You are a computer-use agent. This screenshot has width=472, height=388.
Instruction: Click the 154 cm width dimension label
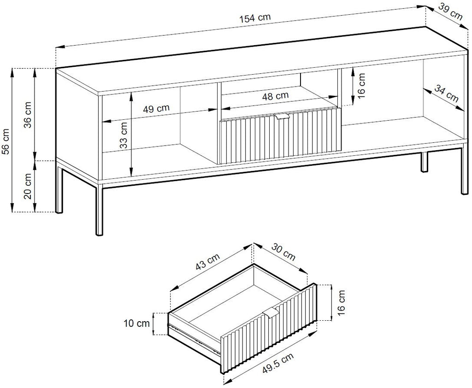255,18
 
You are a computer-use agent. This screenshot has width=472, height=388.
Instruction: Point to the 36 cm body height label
28,115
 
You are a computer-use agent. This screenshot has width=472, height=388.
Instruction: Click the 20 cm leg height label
28,186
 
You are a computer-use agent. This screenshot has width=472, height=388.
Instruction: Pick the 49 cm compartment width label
156,108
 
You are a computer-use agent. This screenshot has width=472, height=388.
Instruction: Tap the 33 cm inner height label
124,135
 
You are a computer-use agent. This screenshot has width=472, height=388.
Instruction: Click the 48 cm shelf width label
275,96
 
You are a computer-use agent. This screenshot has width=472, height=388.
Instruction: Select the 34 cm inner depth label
446,93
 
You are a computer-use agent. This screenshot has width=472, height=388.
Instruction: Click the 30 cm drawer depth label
283,252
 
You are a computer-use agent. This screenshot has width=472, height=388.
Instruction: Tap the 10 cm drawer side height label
136,323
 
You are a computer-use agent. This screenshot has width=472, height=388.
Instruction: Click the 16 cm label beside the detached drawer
341,303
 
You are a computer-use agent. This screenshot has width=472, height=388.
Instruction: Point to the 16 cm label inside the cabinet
361,86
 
